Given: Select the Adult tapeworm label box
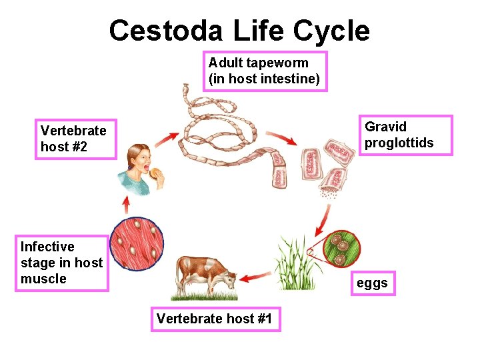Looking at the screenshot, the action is click(265, 71).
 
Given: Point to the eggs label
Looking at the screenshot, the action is click(372, 283).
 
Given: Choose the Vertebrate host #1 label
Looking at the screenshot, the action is click(215, 319).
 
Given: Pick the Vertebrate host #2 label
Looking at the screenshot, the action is click(74, 139).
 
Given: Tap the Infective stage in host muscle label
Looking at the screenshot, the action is click(63, 263).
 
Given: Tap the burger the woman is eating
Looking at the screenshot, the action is click(157, 174).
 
